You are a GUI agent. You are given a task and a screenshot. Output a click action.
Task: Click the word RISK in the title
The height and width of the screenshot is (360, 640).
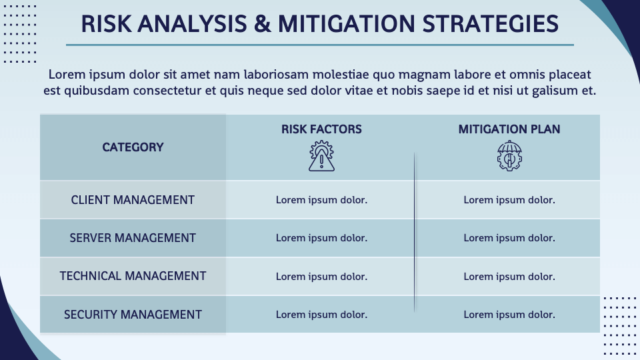(x=106, y=24)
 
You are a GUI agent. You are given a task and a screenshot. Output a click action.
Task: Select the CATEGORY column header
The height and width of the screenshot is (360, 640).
(x=133, y=147)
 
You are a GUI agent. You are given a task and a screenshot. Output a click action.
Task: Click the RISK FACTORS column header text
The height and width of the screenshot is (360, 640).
(x=321, y=129)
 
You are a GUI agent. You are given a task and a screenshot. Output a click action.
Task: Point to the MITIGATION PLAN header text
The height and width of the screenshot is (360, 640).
(x=509, y=129)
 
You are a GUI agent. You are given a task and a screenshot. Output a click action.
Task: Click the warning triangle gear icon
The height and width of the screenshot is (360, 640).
(x=321, y=156)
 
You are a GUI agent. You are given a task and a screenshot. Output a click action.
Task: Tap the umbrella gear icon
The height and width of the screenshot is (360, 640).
(x=509, y=156)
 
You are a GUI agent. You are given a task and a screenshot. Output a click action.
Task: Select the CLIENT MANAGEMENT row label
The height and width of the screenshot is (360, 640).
(x=133, y=200)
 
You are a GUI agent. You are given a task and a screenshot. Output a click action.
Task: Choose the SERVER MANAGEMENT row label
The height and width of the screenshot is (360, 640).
(x=133, y=238)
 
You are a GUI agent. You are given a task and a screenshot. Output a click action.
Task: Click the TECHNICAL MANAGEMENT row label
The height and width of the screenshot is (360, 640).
(x=133, y=276)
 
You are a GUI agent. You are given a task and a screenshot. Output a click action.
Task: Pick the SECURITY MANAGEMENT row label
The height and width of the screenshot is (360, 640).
(x=133, y=314)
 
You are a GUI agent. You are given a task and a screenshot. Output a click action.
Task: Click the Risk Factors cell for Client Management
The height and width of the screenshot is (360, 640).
(x=321, y=200)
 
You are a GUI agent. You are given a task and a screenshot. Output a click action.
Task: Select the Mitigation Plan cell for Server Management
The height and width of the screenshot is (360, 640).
(x=509, y=238)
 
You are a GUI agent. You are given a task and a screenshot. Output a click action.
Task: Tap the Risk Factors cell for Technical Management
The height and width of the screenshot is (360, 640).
(x=321, y=276)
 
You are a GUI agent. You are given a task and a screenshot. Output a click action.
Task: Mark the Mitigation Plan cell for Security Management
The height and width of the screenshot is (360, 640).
(x=509, y=314)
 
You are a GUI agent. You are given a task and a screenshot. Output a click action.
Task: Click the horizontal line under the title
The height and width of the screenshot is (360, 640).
(x=320, y=45)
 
